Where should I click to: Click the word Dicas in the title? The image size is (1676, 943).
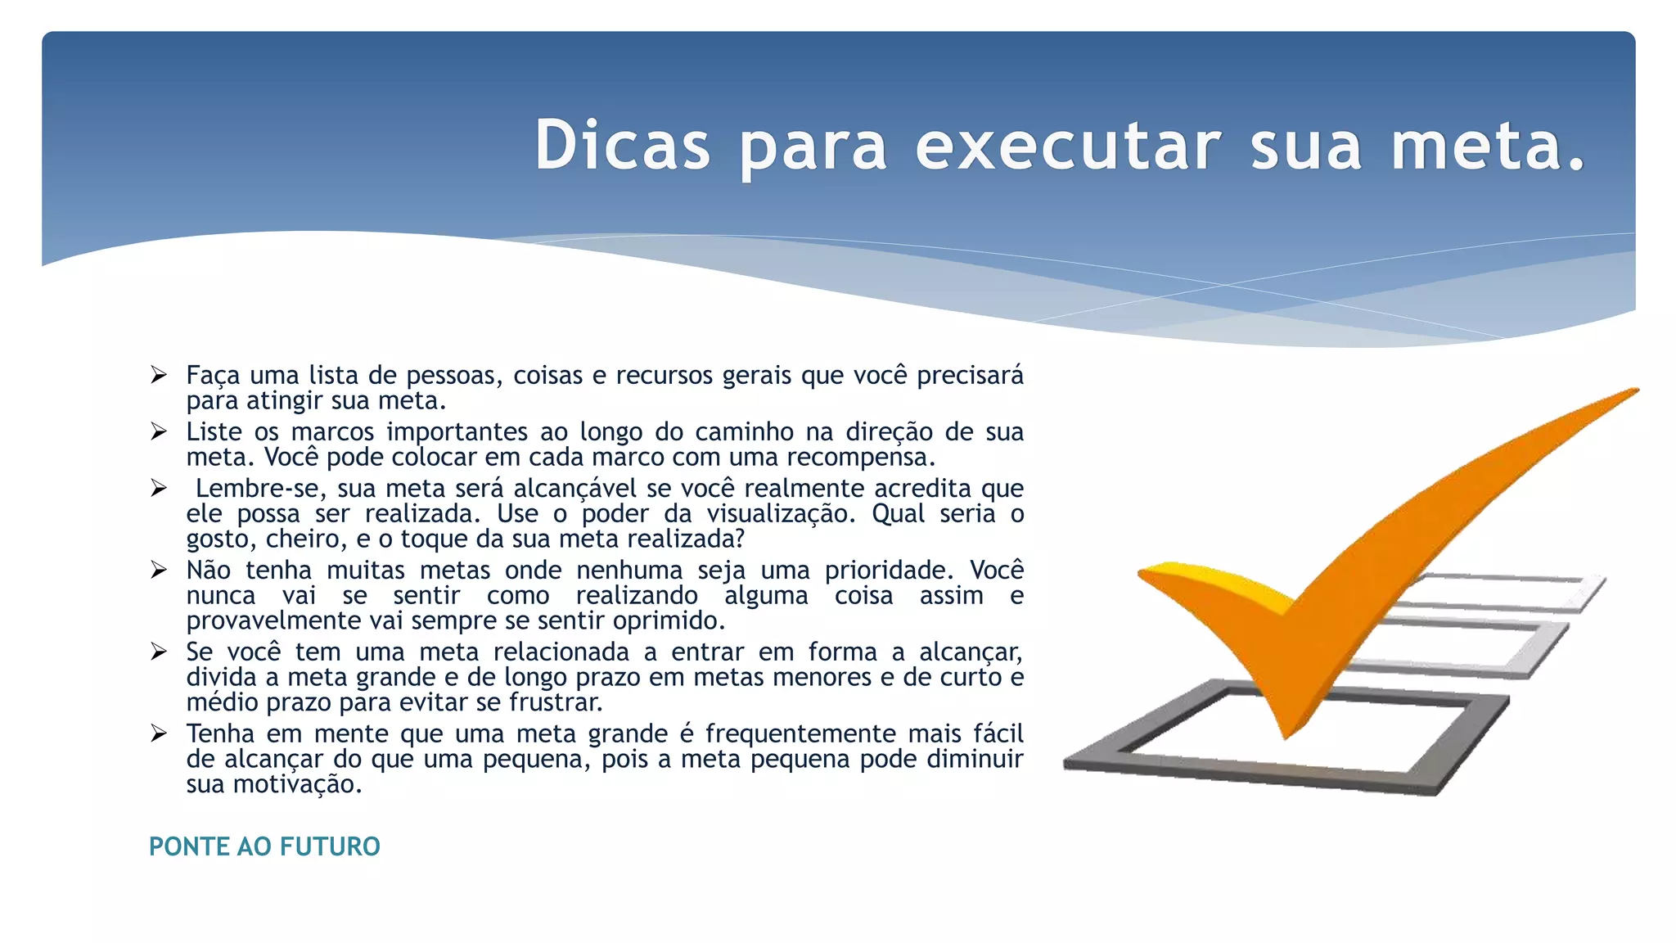(x=622, y=146)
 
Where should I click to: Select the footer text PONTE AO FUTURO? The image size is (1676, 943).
(x=264, y=846)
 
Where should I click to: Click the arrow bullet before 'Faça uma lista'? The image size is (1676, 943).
(x=159, y=375)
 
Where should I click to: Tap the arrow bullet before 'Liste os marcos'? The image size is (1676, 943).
(x=159, y=431)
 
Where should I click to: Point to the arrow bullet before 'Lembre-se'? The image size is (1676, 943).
(x=159, y=488)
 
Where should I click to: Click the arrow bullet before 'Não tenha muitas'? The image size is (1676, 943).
(x=159, y=570)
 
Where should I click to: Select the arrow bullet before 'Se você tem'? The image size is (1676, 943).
(x=159, y=652)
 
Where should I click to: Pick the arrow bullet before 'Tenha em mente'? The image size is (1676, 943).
(x=159, y=733)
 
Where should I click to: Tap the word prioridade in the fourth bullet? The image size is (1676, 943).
(x=889, y=570)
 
